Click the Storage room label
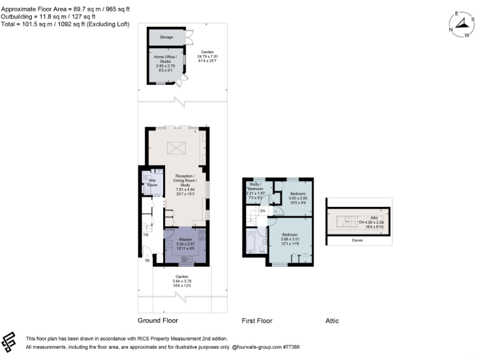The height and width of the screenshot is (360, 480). (166, 37)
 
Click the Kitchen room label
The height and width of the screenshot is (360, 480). (186, 239)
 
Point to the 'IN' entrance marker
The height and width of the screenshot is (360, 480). (147, 260)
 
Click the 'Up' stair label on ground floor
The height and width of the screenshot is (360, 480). (146, 234)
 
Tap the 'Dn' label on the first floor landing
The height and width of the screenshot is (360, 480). (264, 211)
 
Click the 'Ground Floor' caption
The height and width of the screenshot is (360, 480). (157, 321)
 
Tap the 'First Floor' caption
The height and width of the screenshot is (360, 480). (257, 321)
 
